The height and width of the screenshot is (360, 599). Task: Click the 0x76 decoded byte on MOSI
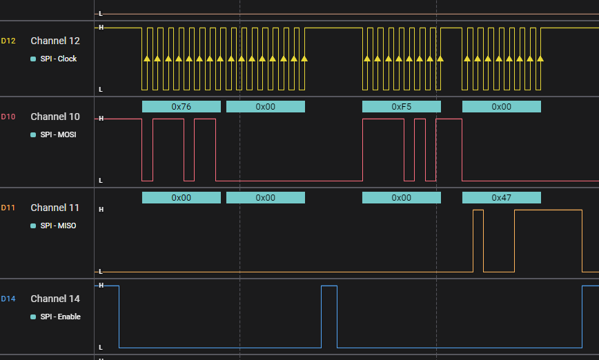[181, 106]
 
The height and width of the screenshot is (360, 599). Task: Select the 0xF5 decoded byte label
[401, 106]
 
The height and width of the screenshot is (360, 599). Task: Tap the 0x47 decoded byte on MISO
[501, 197]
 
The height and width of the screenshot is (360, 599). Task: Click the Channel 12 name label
[55, 41]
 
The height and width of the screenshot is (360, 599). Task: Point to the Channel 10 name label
[55, 117]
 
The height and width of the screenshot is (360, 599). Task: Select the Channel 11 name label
[55, 208]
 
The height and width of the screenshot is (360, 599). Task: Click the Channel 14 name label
[55, 299]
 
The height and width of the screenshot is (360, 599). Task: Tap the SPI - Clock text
[58, 59]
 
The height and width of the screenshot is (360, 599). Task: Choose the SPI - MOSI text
[58, 134]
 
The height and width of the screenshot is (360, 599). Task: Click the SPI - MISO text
[58, 226]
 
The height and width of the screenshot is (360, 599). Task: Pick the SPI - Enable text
[60, 317]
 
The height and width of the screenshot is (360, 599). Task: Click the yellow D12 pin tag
[8, 41]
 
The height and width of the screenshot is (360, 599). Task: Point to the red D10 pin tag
[8, 117]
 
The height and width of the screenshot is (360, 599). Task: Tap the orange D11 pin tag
[8, 208]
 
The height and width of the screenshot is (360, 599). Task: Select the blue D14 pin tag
[8, 299]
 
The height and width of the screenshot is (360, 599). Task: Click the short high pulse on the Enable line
[329, 286]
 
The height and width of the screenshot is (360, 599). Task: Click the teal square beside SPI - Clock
[33, 59]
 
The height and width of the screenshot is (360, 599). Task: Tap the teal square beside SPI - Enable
[33, 317]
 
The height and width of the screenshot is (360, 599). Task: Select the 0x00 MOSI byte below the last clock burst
[501, 106]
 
